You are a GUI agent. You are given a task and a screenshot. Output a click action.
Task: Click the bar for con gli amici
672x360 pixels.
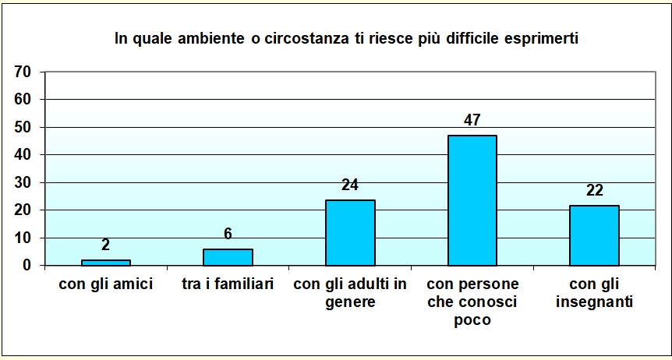point(106,262)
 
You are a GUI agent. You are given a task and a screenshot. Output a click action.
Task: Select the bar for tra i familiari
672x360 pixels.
point(228,257)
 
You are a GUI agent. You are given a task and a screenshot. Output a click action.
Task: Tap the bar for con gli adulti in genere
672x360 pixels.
point(350,232)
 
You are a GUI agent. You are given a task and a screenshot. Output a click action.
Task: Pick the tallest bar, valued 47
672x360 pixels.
point(472,200)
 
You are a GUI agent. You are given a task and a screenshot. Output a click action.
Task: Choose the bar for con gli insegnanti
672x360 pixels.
point(594,235)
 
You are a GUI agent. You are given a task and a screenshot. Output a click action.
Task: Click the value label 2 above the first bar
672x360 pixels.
point(106,245)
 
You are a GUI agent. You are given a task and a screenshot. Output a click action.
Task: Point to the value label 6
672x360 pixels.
point(228,234)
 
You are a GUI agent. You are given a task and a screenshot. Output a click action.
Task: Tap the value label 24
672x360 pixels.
point(350,185)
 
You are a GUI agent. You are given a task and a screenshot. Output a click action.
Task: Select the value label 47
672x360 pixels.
point(472,121)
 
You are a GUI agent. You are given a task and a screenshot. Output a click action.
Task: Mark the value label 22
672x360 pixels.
point(594,191)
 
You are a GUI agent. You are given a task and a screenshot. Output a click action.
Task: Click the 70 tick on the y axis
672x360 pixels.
point(23,72)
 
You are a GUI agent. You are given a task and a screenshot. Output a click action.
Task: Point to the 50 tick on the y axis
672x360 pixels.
point(23,127)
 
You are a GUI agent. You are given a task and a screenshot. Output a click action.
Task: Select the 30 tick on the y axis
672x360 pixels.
point(23,182)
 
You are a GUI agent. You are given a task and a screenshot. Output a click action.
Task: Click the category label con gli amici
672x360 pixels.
point(106,284)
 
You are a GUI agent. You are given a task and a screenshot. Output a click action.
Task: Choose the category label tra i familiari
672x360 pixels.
point(228,284)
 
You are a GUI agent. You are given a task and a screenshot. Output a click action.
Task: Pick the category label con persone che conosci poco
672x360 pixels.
point(472,302)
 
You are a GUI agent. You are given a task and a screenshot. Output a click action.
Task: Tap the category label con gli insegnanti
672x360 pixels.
point(594,293)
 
